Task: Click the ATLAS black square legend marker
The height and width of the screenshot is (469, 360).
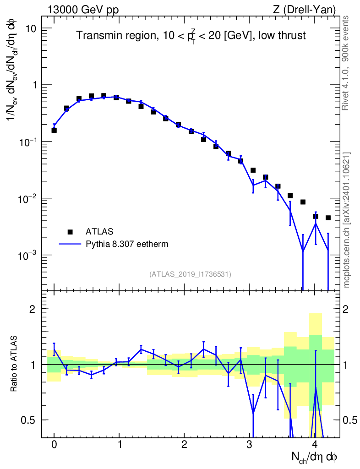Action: (70, 232)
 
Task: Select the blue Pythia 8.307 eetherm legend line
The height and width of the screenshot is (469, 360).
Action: (70, 244)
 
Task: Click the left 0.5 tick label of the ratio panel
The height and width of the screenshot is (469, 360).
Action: (28, 420)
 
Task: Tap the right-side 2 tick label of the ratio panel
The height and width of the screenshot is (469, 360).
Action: (345, 309)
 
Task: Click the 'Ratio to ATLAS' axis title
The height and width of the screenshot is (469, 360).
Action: (13, 364)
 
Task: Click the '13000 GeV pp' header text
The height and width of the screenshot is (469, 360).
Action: (83, 10)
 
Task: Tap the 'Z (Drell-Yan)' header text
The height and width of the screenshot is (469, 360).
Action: (304, 10)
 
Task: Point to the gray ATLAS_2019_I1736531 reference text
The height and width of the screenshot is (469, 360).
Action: (190, 274)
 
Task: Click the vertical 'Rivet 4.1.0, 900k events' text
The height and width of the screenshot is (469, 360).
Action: (345, 63)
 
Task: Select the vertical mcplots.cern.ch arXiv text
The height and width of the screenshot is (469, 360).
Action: (346, 220)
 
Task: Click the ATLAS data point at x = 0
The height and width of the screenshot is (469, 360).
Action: (54, 130)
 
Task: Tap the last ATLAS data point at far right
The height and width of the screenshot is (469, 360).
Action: (328, 218)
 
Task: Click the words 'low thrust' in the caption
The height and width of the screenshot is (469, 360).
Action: (282, 35)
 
